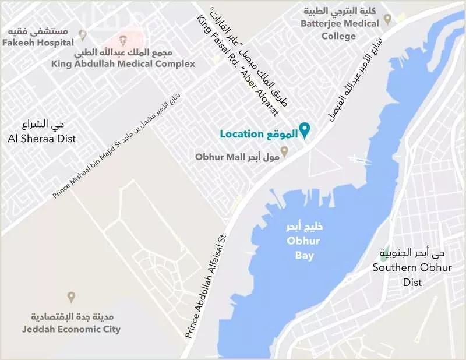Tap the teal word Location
pyautogui.click(x=242, y=134)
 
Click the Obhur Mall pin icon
pyautogui.click(x=285, y=153)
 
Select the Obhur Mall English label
pyautogui.click(x=216, y=157)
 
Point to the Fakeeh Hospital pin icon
pyautogui.click(x=83, y=34)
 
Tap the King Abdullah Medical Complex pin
pyautogui.click(x=122, y=40)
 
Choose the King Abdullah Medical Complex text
pyautogui.click(x=123, y=63)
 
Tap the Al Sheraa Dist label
pyautogui.click(x=41, y=139)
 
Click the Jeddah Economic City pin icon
pyautogui.click(x=71, y=297)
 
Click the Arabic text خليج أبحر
pyautogui.click(x=301, y=227)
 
